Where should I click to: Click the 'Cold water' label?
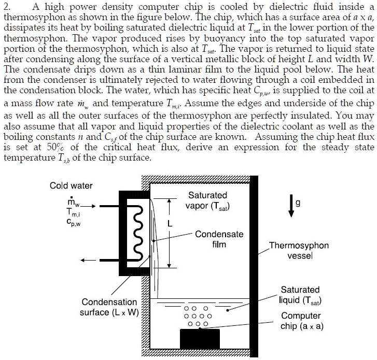(x=71, y=185)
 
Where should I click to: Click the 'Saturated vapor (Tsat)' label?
(x=207, y=200)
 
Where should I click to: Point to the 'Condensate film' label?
(x=219, y=239)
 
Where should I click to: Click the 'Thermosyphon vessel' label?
(x=302, y=251)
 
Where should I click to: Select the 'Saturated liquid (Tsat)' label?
(x=300, y=295)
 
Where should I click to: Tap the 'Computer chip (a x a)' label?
(x=300, y=321)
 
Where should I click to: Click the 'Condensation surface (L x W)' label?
(x=109, y=307)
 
